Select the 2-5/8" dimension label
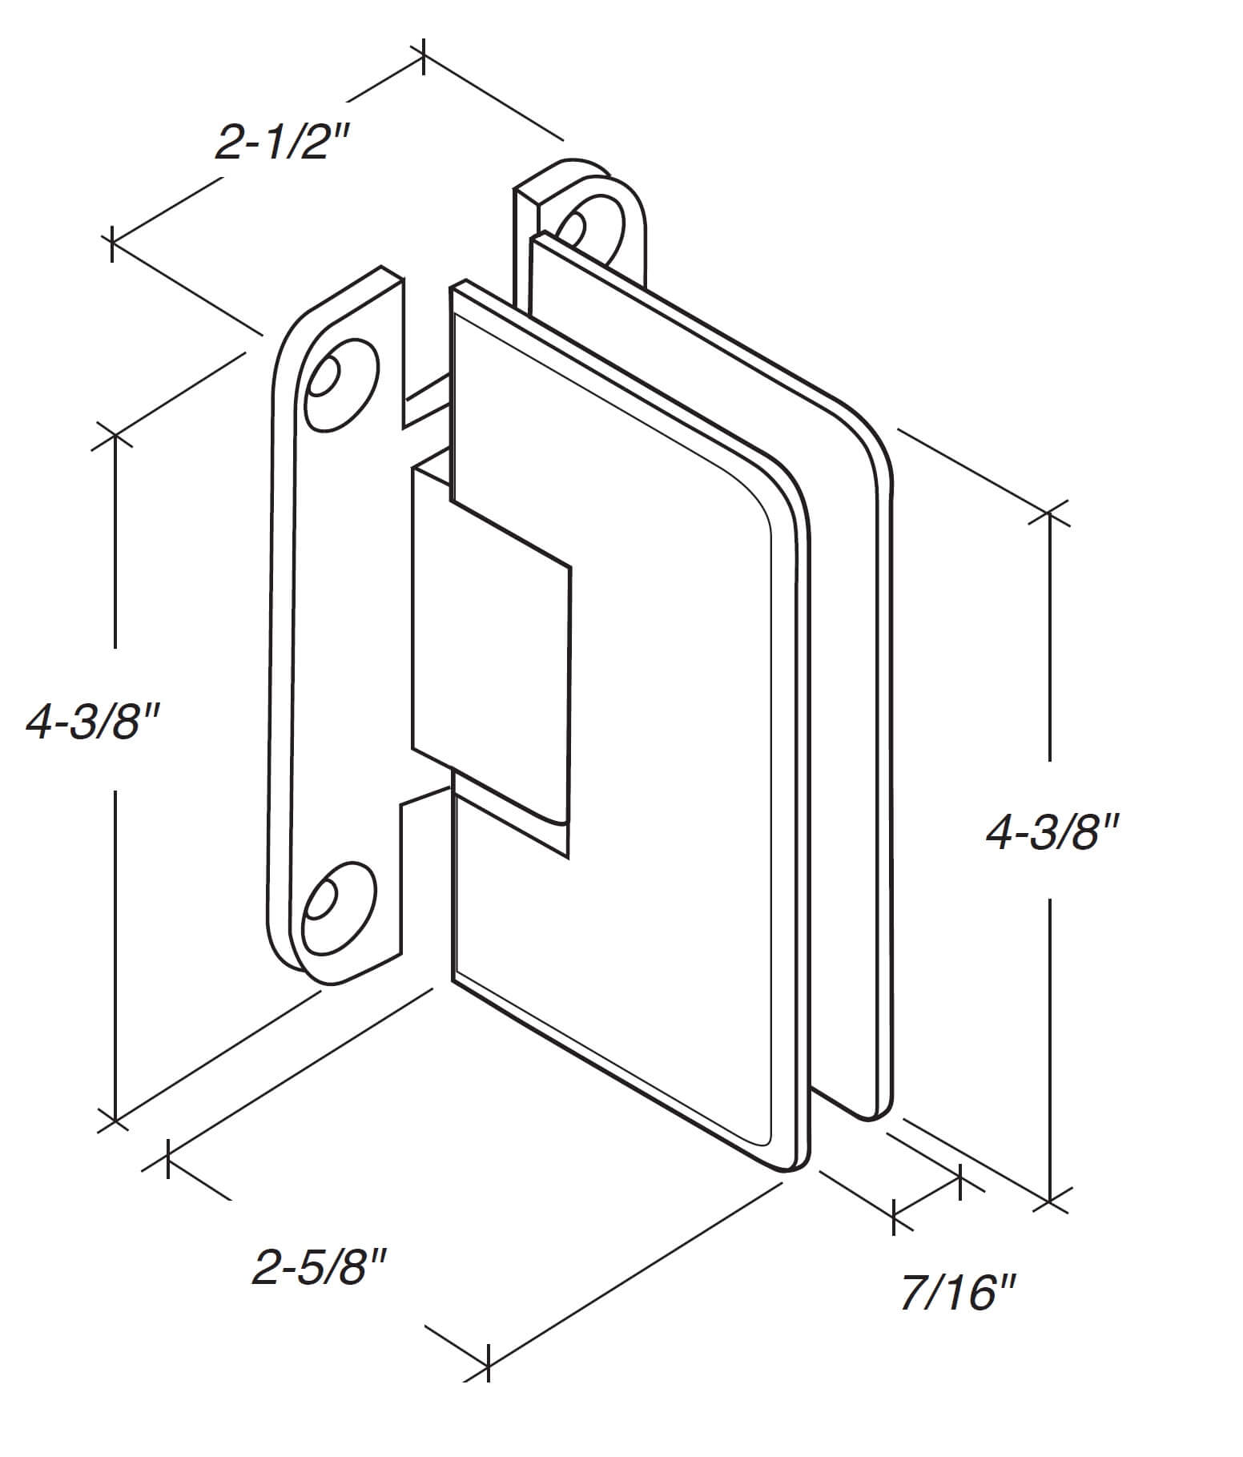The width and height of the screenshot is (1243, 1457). click(x=320, y=1268)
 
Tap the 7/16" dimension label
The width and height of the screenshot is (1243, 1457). click(x=958, y=1293)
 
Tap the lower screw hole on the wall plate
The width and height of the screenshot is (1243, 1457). click(x=337, y=908)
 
